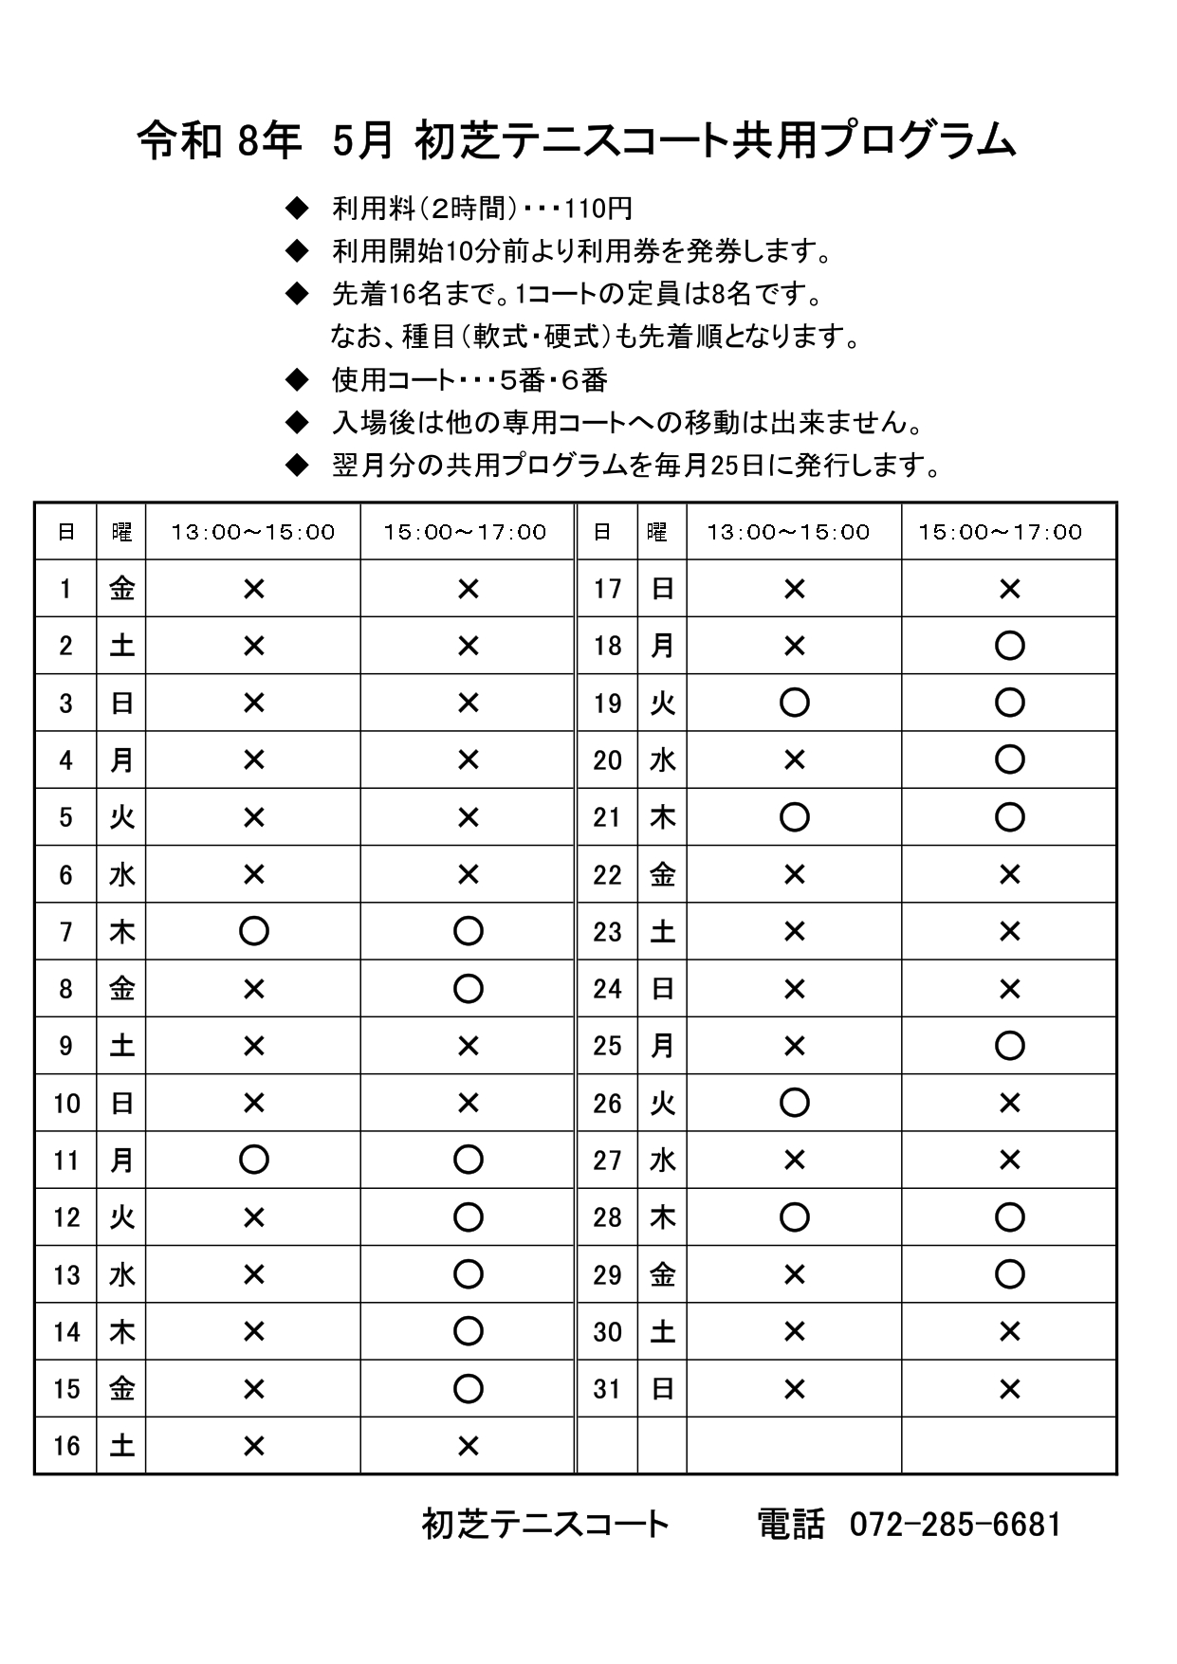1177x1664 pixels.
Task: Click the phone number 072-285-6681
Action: [x=955, y=1525]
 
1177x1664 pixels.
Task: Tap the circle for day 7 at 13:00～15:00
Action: [x=253, y=931]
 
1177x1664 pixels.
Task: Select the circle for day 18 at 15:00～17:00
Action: [x=1009, y=646]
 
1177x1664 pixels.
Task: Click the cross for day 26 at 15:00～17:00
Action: [x=1009, y=1103]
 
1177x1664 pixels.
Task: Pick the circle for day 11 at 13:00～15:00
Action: [x=253, y=1160]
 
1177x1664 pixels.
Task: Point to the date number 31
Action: [x=607, y=1389]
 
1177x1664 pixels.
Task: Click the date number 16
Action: [x=66, y=1446]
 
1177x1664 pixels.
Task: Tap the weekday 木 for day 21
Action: [x=662, y=817]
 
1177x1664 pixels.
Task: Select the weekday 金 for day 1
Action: [x=121, y=589]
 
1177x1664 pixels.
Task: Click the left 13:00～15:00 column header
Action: [x=253, y=532]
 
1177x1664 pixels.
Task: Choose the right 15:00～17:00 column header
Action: [x=1000, y=532]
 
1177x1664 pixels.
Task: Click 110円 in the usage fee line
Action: [x=598, y=209]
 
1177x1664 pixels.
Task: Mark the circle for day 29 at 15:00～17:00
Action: [x=1009, y=1274]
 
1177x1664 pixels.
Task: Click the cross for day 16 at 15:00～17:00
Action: [x=468, y=1446]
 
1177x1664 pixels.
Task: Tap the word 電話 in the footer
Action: [x=790, y=1525]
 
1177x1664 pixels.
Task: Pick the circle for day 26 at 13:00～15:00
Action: [x=794, y=1103]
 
